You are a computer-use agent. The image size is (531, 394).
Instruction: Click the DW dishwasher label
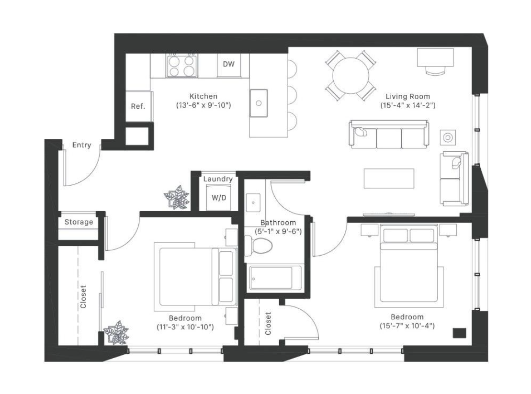(x=229, y=64)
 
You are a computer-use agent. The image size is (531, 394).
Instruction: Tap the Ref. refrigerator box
(x=138, y=106)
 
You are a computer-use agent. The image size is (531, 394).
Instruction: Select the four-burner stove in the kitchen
(x=182, y=66)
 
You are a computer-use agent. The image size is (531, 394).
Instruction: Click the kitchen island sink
(x=260, y=102)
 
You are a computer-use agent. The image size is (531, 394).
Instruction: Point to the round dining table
(x=350, y=75)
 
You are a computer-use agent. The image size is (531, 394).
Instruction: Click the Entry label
(x=81, y=146)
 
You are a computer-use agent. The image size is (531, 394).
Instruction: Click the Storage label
(x=79, y=222)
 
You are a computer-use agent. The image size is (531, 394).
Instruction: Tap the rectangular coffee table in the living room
(x=389, y=178)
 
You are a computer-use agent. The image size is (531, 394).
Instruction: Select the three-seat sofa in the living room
(x=389, y=135)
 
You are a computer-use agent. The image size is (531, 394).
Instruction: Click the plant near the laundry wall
(x=176, y=197)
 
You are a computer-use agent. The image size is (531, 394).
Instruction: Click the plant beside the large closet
(x=116, y=332)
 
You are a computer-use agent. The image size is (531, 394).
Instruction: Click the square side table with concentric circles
(x=448, y=137)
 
